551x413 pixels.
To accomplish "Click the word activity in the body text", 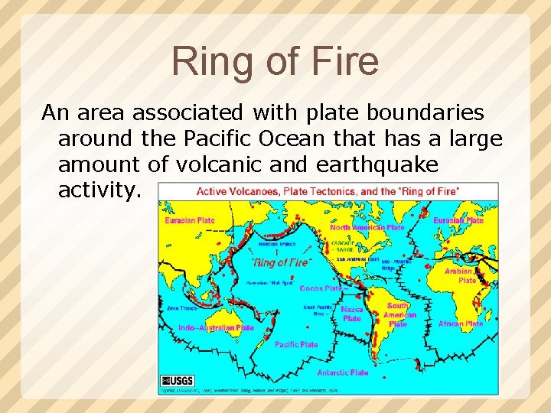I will click(x=99, y=190).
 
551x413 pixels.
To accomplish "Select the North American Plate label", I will click(x=367, y=227).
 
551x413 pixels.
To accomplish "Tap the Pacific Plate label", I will click(x=296, y=344).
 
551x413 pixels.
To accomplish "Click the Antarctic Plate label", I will click(x=342, y=372).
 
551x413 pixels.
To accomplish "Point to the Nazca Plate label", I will click(x=352, y=314).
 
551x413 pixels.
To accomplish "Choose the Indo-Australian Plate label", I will click(x=216, y=327).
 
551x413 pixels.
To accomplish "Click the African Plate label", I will click(x=460, y=324).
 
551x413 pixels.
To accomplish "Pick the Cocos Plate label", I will click(x=321, y=288).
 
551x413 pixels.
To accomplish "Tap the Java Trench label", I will click(x=181, y=307).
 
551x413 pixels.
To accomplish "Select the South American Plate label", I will click(x=398, y=314).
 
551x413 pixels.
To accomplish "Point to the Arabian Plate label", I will click(x=464, y=275).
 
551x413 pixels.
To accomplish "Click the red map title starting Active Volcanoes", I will click(x=328, y=191).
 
